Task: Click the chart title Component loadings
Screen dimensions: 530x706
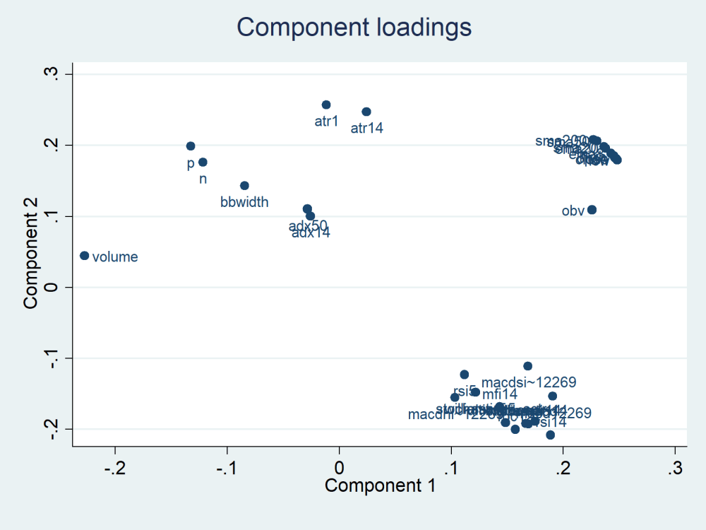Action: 354,27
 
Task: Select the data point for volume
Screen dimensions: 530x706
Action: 85,256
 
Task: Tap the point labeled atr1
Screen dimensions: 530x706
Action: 326,105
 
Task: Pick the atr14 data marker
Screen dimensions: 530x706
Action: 366,112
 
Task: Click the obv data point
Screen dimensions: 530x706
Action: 592,210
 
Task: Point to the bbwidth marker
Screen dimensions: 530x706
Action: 244,186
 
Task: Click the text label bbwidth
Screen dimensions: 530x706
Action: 244,202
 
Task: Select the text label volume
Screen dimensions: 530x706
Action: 115,257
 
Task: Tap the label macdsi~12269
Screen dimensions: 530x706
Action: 529,382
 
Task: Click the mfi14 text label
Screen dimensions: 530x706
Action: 500,394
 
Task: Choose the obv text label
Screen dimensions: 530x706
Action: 573,211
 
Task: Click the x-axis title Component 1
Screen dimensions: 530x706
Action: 380,486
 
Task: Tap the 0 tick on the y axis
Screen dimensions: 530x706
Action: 52,288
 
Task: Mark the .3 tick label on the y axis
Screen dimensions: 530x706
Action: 52,74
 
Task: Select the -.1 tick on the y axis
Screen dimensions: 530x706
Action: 52,358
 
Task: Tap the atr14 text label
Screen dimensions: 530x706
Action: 367,128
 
